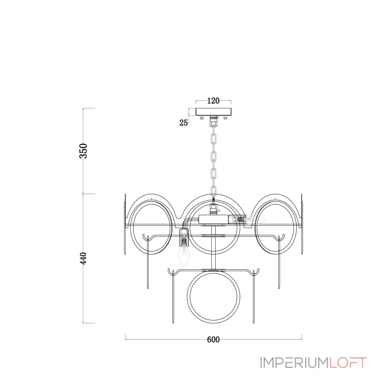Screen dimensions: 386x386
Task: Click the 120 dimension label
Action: coord(213,101)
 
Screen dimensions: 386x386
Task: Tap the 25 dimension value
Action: coord(183,123)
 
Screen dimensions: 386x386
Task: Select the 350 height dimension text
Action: coord(83,151)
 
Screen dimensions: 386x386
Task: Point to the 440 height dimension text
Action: coord(84,258)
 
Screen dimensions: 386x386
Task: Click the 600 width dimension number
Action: coord(213,340)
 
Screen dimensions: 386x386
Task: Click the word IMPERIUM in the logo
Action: coord(294,363)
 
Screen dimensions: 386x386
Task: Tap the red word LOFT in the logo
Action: coord(348,363)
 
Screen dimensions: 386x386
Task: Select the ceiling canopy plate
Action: coord(213,112)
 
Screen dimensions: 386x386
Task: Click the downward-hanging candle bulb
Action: coord(184,256)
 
